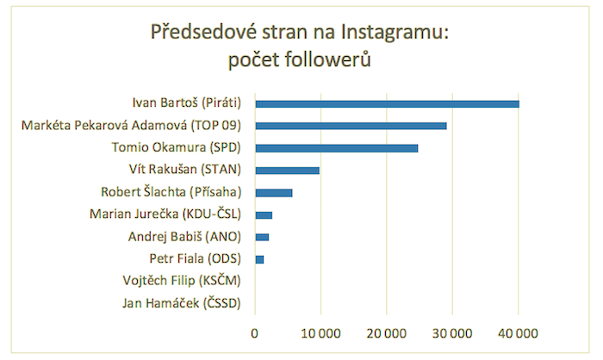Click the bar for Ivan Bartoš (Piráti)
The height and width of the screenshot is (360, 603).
point(387,103)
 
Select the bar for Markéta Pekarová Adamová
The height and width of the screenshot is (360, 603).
point(351,126)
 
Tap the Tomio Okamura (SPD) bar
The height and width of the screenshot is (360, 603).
point(336,148)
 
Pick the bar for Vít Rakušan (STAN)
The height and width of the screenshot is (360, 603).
point(287,171)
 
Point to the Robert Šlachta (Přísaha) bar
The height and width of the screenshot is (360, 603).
point(274,192)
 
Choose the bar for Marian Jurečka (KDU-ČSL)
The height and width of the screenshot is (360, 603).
point(264,214)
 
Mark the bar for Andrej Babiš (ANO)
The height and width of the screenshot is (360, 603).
point(262,237)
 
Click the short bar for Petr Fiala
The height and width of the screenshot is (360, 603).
point(259,259)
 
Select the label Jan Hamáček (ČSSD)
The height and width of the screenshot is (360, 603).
point(182,303)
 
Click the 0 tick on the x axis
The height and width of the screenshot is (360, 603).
point(255,332)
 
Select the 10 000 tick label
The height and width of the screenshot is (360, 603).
point(320,332)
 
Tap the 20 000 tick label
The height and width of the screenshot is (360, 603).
point(387,332)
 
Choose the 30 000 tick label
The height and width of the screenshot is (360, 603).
point(452,332)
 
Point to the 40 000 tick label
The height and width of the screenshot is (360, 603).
point(519,332)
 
